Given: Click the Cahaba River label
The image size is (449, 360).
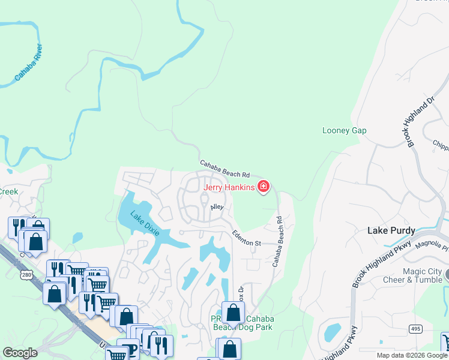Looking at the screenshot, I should [29, 62].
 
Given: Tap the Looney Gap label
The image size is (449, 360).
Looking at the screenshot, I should [344, 131].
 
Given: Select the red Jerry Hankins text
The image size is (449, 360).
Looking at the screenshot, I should [228, 187].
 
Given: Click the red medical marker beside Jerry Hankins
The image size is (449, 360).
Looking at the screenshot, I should [262, 187].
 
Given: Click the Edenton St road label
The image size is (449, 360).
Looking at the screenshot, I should [247, 239].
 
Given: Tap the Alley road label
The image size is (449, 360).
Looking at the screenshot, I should [217, 207].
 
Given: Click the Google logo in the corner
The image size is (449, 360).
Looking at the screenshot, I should [20, 353].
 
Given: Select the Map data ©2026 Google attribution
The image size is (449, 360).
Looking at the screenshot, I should [412, 355].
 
